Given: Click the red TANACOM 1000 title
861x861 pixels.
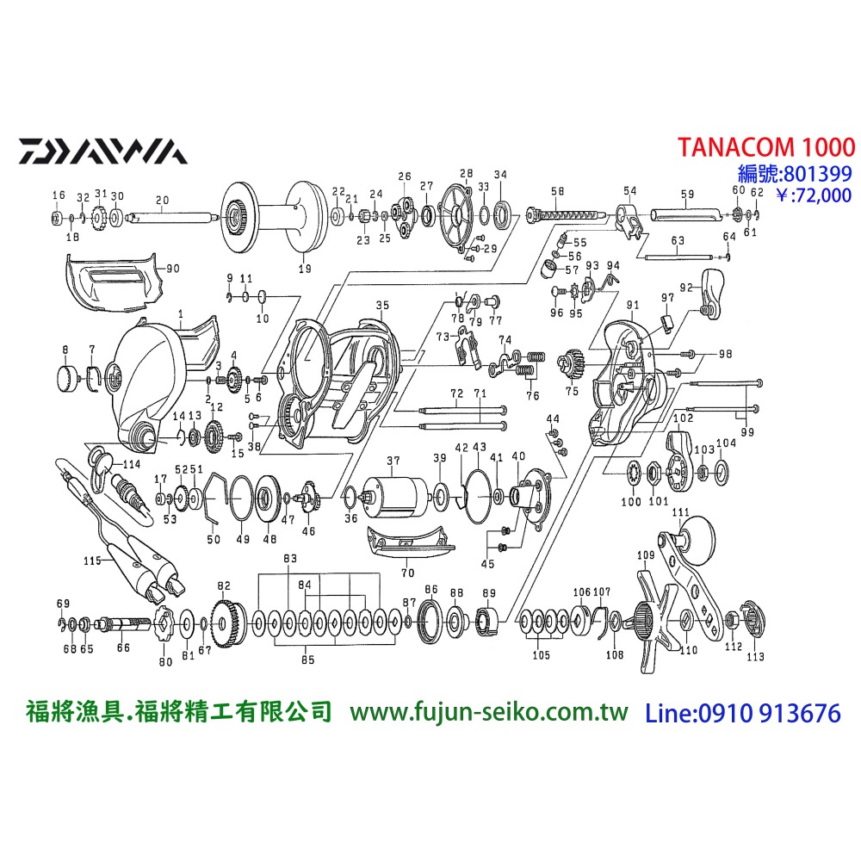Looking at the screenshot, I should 765,146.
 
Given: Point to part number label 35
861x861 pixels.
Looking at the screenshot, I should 382,305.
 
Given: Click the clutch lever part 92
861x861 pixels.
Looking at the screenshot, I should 713,291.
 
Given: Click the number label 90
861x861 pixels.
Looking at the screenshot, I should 171,269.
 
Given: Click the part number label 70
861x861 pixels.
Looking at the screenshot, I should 407,572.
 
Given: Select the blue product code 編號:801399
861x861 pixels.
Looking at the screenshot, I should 796,172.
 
